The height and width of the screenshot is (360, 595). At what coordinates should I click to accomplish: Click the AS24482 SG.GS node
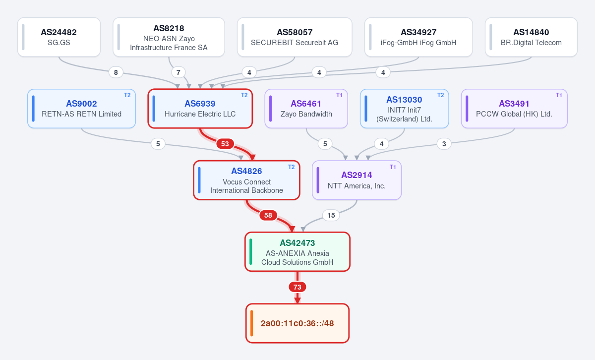coord(59,37)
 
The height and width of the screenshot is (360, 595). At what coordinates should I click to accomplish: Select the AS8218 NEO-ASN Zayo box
coord(169,37)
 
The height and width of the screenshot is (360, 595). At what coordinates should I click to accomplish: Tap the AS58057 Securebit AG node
coord(295,37)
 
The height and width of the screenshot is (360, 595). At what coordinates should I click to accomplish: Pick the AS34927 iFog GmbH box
coord(418,37)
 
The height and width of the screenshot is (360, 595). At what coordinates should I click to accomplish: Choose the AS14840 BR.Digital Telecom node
coord(531,37)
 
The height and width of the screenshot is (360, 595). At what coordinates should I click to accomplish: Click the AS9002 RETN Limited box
coord(81,109)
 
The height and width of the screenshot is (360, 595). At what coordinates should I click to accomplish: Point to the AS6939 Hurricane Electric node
coord(200,109)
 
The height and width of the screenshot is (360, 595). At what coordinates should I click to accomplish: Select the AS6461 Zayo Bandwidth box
coord(306,109)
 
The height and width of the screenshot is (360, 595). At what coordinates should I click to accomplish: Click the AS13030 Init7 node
coord(404,109)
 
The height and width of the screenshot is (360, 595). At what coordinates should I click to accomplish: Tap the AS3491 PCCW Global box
coord(514,109)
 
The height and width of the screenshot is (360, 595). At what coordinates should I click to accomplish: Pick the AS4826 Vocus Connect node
coord(246,180)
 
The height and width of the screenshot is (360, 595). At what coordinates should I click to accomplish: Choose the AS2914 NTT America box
coord(357,180)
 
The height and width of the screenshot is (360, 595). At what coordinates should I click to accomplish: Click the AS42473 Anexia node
coord(297,251)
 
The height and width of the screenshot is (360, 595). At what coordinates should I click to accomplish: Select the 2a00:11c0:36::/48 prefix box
coord(297,323)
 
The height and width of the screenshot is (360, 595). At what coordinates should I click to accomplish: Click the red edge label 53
coord(225,144)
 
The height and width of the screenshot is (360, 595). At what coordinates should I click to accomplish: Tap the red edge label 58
coord(268,215)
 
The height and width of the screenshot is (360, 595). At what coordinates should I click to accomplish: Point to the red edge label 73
coord(297,287)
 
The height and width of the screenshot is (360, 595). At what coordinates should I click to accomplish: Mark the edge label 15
coord(331,215)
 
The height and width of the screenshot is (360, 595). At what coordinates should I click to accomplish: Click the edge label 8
coord(116,72)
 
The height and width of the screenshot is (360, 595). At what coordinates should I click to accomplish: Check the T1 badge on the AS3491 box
coord(559,95)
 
